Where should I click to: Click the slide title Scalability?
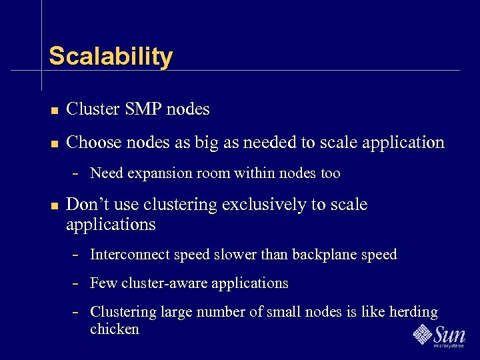tap(111, 56)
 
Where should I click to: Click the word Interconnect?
tap(129, 255)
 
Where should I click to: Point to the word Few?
tap(103, 283)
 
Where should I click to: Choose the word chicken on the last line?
tap(115, 329)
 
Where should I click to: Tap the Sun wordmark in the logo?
tap(450, 333)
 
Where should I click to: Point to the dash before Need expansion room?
tap(76, 174)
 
